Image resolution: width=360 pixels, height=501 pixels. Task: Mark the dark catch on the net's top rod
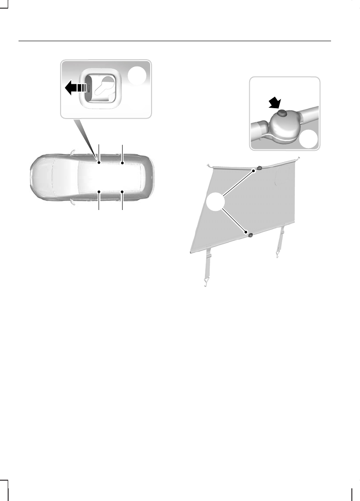(x=259, y=169)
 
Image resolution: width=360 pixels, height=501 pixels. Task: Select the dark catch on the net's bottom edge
(x=249, y=234)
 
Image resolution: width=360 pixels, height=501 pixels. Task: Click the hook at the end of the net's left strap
(x=205, y=283)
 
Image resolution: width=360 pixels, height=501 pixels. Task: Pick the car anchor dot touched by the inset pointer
(x=99, y=162)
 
